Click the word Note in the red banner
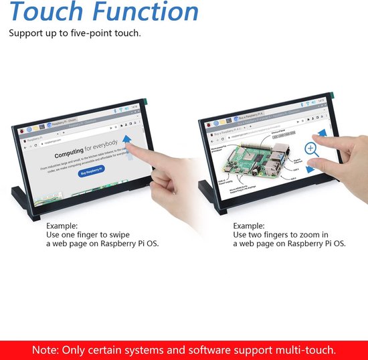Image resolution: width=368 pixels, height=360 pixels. click(47, 349)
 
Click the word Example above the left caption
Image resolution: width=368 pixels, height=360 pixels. click(62, 226)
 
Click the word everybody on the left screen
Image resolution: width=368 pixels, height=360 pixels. click(105, 144)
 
